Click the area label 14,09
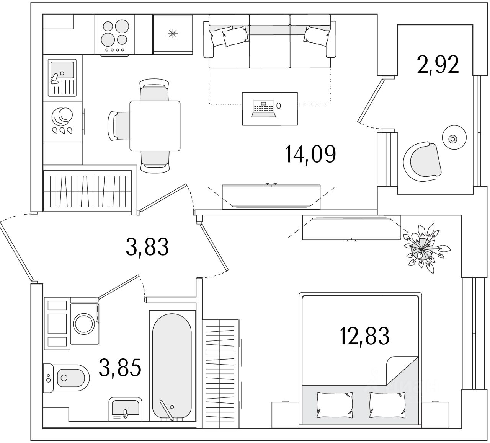[x=310, y=154]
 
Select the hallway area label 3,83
[x=147, y=246]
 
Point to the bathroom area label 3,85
[x=120, y=367]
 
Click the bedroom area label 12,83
[x=364, y=336]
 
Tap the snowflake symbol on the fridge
[x=173, y=34]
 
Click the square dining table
[x=155, y=126]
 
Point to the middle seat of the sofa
[x=269, y=42]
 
